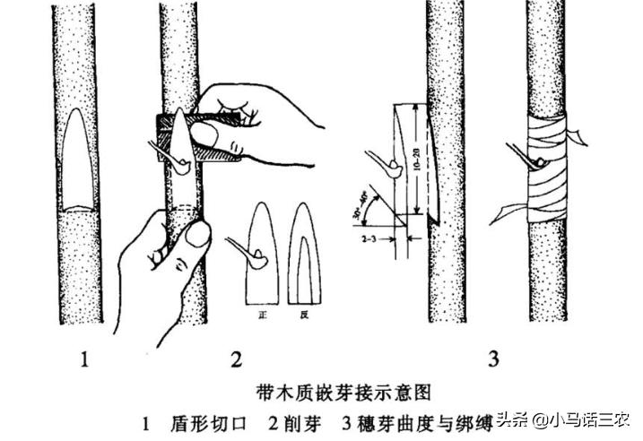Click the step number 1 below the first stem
click(84, 361)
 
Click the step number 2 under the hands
click(236, 361)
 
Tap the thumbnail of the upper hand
click(203, 135)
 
